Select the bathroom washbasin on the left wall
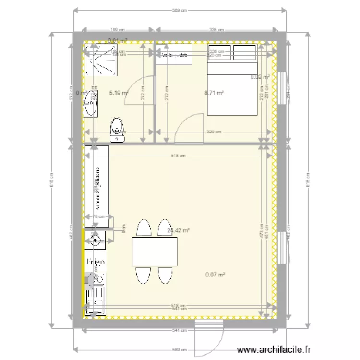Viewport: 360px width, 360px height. (90, 103)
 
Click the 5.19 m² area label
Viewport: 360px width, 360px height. (119, 93)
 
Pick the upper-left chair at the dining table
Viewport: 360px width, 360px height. (143, 228)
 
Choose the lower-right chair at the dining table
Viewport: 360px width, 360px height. (165, 276)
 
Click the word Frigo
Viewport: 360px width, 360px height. (95, 263)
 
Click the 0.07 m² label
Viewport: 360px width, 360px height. (215, 275)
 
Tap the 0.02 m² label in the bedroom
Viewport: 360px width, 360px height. (260, 77)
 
